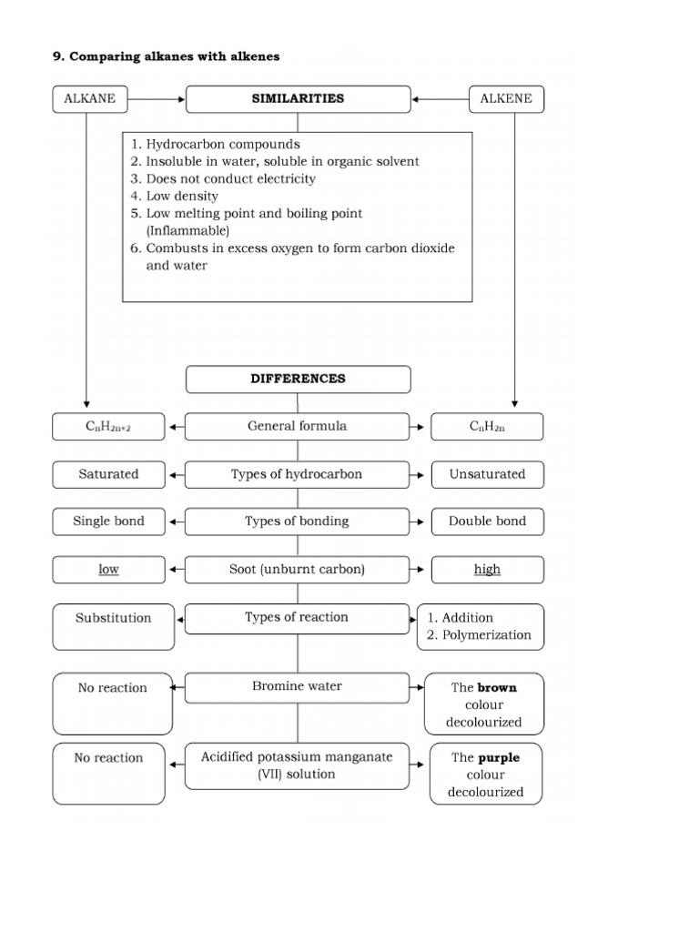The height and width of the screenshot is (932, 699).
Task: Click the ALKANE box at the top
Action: pos(90,99)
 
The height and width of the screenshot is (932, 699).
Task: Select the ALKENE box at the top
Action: pos(506,99)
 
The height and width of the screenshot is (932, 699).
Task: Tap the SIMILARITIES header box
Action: pos(298,99)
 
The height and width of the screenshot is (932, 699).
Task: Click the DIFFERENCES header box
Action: pos(298,380)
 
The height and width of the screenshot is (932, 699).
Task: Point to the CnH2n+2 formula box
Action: pos(108,427)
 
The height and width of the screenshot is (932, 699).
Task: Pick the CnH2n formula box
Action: pos(487,427)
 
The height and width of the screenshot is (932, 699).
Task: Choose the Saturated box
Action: pos(108,474)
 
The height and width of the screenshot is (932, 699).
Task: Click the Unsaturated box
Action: pos(488,474)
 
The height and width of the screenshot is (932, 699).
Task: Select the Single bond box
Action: pos(108,522)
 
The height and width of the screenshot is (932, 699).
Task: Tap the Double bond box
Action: pos(488,522)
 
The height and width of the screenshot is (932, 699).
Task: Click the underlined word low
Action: pos(109,570)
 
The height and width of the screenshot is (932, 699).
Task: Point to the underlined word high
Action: pos(488,570)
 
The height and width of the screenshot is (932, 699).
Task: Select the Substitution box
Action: pos(113,627)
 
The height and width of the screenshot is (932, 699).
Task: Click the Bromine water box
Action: pos(298,688)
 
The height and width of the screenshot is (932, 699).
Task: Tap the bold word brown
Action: pos(498,688)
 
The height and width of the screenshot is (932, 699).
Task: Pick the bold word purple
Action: pos(500,758)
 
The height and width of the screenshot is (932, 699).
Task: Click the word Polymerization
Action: pos(487,634)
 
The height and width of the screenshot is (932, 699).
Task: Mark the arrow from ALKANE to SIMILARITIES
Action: pos(157,99)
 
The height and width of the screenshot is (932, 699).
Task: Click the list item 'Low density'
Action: pos(182,197)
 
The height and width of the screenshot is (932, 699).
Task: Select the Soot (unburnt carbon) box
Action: pos(298,570)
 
